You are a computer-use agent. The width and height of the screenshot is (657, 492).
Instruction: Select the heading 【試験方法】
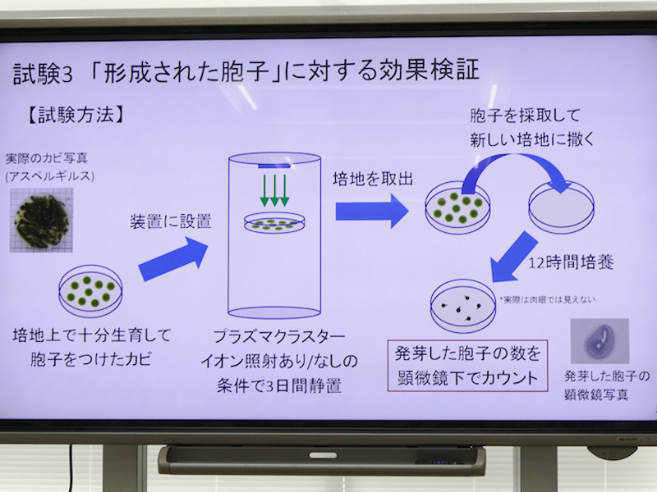[x=76, y=114]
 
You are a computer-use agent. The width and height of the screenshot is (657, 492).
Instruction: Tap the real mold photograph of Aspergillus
[x=41, y=219]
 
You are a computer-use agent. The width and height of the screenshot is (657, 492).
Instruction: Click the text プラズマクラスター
[x=274, y=337]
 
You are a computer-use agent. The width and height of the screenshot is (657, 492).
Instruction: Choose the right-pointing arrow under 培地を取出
[x=370, y=212]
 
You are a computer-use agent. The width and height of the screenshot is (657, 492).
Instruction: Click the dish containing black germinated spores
[x=463, y=305]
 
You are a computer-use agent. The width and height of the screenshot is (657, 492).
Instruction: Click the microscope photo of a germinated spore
[x=600, y=341]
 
